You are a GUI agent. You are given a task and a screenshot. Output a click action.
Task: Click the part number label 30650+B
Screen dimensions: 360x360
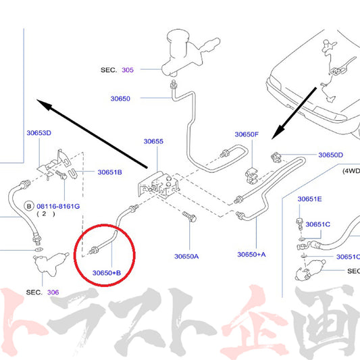point(107,273)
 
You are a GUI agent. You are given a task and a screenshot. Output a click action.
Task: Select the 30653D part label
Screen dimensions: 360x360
point(38,132)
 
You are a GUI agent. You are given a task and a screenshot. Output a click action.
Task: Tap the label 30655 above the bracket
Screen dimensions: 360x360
point(153,141)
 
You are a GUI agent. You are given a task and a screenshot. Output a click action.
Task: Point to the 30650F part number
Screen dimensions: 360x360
point(247,134)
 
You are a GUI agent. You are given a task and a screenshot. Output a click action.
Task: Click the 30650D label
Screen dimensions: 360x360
point(330,155)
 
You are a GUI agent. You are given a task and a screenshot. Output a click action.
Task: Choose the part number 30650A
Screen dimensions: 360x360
point(186,256)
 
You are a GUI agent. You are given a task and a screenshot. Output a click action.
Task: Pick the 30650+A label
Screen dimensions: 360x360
point(251,255)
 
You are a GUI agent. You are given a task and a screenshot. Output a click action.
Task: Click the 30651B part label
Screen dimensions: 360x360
point(109,172)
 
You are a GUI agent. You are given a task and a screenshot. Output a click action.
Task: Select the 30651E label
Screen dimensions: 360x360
point(309,199)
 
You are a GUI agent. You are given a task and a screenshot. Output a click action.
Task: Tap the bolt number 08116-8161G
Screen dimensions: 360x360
point(58,206)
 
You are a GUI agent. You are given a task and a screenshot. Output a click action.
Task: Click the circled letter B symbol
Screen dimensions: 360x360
point(29,206)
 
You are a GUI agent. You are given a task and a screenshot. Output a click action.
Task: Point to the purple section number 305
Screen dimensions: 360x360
point(128,70)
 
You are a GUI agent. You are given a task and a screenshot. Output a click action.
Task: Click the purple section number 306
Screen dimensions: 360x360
point(53,292)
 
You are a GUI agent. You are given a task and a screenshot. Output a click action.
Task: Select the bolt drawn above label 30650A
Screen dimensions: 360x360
point(189,217)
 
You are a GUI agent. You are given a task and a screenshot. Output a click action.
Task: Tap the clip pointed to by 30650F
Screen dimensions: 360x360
point(251,176)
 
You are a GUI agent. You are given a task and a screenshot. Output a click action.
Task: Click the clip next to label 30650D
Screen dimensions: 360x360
point(276,157)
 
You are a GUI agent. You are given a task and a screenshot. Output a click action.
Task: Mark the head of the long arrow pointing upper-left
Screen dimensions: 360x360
point(44,104)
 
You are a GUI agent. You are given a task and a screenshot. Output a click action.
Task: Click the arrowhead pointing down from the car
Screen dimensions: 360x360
point(278,132)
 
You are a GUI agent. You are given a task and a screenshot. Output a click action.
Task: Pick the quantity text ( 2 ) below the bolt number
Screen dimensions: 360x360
point(46,214)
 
